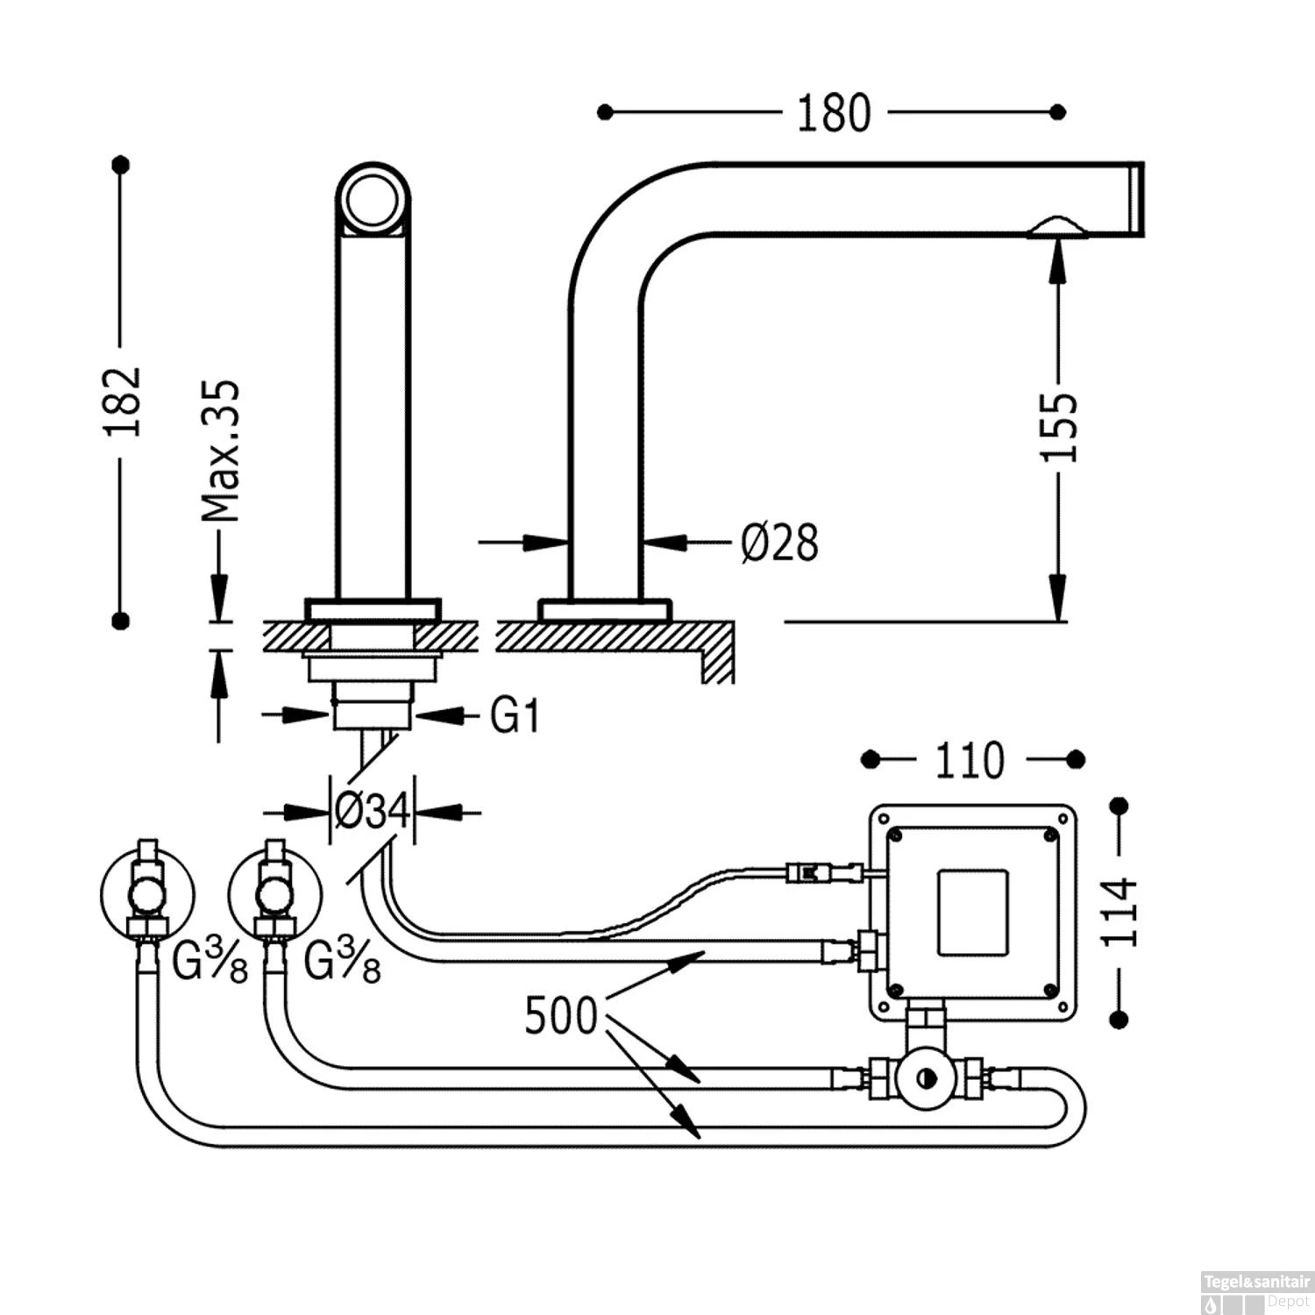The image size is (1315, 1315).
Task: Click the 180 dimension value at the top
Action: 833,114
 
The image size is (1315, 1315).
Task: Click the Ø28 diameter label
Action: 779,543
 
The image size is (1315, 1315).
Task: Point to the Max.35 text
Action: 219,451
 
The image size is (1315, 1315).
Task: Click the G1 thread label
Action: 515,716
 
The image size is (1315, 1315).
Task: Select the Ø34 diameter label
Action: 373,813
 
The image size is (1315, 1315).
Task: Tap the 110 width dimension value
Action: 970,761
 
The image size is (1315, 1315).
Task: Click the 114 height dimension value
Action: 1120,912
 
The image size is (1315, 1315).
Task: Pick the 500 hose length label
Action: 561,1016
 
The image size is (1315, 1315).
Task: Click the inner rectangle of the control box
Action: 973,912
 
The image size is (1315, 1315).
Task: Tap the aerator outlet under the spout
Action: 1058,229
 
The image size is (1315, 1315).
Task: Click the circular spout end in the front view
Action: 373,199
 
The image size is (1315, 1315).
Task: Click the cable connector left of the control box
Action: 811,871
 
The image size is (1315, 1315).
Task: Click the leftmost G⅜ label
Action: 210,964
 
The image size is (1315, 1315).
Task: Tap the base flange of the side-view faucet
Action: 604,610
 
